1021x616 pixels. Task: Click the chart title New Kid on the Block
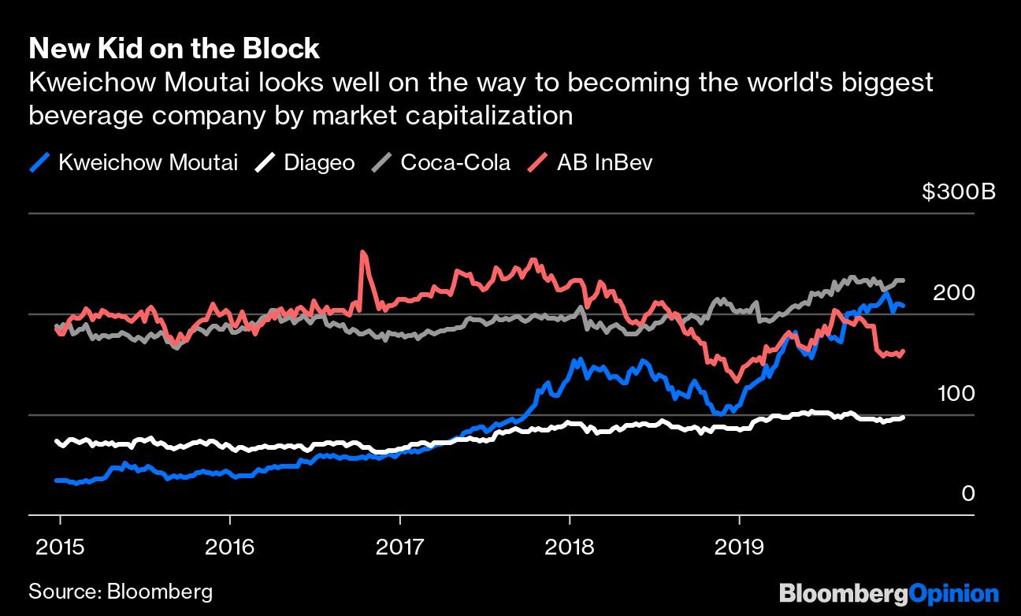(x=174, y=49)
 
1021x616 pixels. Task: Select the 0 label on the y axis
(x=967, y=493)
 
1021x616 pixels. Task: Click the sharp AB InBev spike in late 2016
(x=362, y=254)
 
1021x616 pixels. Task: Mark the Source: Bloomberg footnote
(x=120, y=591)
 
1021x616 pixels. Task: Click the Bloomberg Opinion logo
(x=889, y=592)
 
